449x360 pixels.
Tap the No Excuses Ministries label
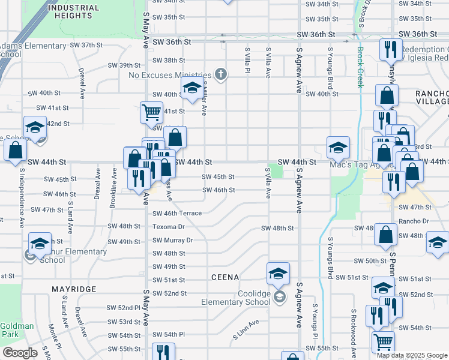[x=170, y=75]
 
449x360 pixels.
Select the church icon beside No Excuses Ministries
[x=221, y=74]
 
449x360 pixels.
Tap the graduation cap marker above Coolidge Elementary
[x=278, y=274]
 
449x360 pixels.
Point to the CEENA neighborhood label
[x=225, y=277]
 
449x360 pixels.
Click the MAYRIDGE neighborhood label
[x=74, y=289]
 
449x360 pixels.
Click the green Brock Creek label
[x=360, y=67]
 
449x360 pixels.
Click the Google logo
[x=20, y=353]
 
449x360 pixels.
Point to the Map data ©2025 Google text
[x=412, y=355]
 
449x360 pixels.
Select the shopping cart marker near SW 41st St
[x=151, y=111]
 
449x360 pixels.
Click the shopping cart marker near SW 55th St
[x=383, y=342]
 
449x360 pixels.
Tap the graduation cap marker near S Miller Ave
[x=191, y=88]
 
